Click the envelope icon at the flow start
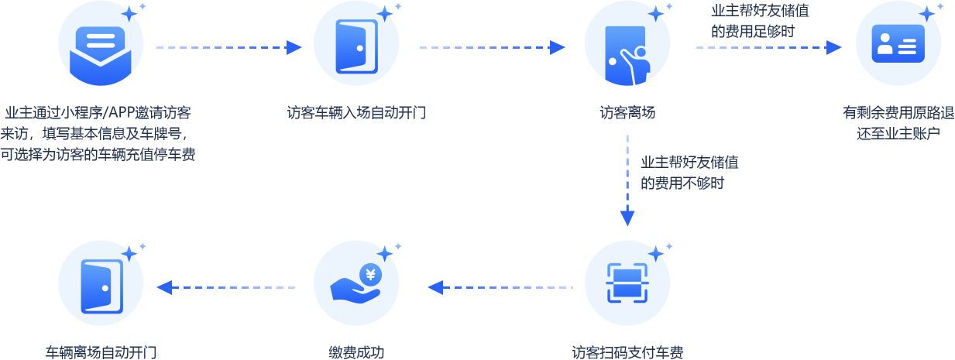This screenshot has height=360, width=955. [101, 48]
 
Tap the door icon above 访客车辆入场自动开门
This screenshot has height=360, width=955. [356, 47]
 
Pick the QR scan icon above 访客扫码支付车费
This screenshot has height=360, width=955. [627, 285]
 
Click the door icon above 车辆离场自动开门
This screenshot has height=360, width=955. [101, 285]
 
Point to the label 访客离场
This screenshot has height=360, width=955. [627, 112]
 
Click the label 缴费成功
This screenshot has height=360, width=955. [356, 351]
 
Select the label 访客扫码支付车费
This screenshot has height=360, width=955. [627, 351]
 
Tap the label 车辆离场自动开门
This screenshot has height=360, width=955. [101, 351]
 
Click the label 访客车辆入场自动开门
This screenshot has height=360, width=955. [356, 112]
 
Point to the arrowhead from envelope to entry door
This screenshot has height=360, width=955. [294, 47]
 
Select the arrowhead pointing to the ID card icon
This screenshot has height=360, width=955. [834, 47]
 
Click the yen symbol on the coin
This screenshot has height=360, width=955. [371, 273]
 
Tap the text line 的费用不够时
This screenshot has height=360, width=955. [682, 183]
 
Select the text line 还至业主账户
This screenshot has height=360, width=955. [898, 132]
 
